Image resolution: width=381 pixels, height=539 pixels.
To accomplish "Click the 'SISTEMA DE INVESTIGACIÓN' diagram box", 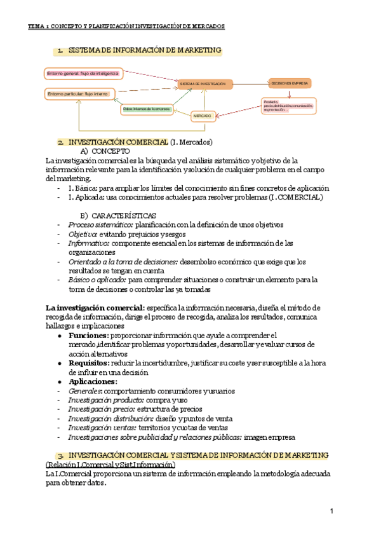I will (x=202, y=84).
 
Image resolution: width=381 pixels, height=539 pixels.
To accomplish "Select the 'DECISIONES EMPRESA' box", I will (x=290, y=83).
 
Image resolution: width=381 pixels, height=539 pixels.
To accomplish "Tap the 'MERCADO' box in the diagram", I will (x=202, y=116).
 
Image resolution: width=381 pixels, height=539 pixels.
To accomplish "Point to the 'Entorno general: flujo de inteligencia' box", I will (x=82, y=74).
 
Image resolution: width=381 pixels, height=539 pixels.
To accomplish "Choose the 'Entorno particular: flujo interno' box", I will (x=77, y=94).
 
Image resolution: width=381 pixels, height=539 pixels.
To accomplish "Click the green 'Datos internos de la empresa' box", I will (x=147, y=109).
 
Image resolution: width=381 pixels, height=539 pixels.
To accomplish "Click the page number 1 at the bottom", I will (x=331, y=511).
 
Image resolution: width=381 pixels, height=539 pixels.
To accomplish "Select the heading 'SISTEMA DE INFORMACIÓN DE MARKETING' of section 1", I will (x=144, y=50).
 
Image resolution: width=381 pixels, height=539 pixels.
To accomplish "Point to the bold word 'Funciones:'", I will (x=88, y=335).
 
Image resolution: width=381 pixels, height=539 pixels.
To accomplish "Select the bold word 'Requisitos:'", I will (x=90, y=362).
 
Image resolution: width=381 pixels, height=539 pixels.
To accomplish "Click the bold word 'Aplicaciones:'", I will (x=93, y=381).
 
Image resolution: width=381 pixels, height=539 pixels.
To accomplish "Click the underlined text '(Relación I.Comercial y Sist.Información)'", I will (x=110, y=465).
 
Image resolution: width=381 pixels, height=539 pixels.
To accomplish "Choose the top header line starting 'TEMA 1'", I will (x=126, y=27).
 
